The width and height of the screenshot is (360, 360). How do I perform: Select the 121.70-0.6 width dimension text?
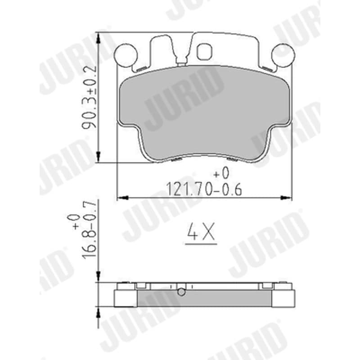click(x=204, y=189)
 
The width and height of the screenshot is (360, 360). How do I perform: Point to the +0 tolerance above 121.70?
click(x=221, y=173)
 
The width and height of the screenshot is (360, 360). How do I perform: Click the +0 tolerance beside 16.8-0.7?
click(x=73, y=222)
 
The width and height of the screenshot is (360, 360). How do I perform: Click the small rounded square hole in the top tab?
click(x=205, y=52)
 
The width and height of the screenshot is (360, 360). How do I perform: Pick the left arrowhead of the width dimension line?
click(x=122, y=198)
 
